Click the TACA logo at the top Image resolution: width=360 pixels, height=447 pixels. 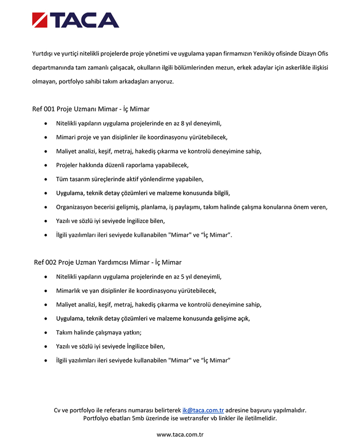[76, 20]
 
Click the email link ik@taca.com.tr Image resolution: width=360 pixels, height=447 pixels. [203, 410]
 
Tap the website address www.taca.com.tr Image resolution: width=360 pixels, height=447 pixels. [180, 434]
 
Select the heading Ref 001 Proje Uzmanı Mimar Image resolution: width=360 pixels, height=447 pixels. [91, 109]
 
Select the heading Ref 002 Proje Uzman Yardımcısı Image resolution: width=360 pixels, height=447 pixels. [107, 262]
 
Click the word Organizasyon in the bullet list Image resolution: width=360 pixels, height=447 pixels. [75, 207]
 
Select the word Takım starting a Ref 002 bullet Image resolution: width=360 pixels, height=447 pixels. [64, 333]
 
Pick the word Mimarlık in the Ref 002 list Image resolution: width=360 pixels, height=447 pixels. [69, 291]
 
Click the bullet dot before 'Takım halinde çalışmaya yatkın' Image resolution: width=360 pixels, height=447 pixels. [46, 333]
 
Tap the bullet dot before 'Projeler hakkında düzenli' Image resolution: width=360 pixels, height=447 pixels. [46, 165]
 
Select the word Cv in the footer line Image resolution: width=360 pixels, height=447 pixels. [57, 410]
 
